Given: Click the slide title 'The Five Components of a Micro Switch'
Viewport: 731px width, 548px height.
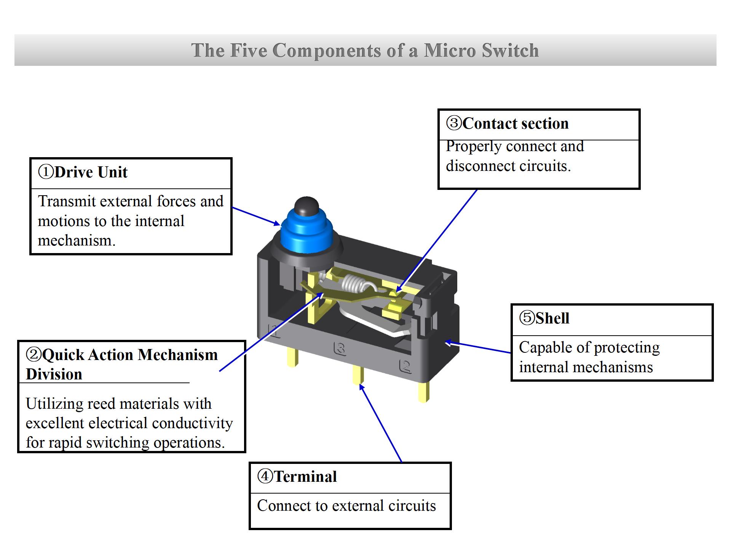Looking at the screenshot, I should tap(365, 50).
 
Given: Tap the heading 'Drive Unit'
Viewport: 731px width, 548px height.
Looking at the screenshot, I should tap(91, 172).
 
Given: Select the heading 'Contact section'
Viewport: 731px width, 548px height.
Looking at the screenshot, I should tap(515, 124).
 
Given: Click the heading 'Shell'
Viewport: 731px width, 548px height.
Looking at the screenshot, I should tap(552, 318).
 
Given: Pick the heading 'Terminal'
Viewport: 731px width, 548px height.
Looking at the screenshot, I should tap(305, 476).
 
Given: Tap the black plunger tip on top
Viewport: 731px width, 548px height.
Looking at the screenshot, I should tap(306, 206).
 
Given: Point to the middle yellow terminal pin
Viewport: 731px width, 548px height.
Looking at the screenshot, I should tap(358, 375).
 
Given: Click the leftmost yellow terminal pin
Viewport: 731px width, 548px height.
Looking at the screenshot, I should tap(293, 358).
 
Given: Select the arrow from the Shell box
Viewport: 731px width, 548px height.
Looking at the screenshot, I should tap(478, 347).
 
